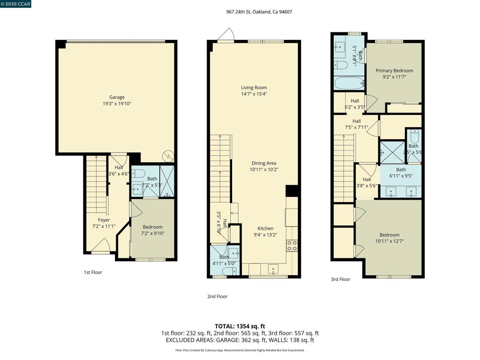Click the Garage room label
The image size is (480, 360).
[117, 97]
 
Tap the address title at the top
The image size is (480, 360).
[259, 12]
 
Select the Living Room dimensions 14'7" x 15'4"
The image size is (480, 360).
[254, 94]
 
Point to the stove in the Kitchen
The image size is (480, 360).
[292, 246]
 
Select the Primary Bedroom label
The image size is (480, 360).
[394, 71]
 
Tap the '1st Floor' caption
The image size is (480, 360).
[93, 272]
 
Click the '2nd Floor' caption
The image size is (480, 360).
[217, 296]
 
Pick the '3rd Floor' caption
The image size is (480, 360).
[340, 279]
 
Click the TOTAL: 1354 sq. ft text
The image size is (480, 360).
[240, 326]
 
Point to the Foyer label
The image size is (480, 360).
[104, 220]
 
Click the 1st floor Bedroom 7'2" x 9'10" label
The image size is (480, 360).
[152, 227]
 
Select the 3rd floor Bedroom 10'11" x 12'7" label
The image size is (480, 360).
[389, 235]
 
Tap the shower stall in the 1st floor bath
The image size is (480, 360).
[167, 181]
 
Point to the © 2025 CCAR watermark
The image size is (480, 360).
[15, 4]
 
